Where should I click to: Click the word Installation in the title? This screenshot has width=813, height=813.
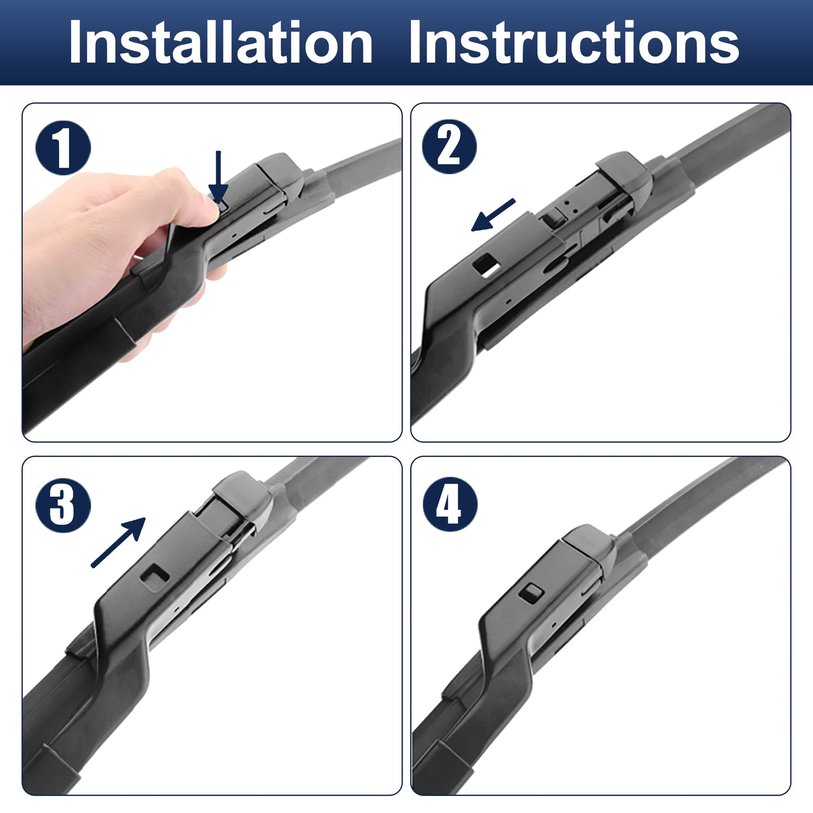point(221,42)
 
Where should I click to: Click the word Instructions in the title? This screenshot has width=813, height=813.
point(574,42)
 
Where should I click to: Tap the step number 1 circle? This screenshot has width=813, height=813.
point(63,148)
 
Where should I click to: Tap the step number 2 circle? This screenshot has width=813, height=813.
point(449,146)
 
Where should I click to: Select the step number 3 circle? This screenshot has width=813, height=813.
point(63,505)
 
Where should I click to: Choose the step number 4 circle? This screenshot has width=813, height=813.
point(450,504)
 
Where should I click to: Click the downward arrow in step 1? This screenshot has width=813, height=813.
point(218,177)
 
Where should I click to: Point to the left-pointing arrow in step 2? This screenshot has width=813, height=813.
point(493,215)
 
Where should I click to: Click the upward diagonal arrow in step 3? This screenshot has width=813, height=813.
point(118,543)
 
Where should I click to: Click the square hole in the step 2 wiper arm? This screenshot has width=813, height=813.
point(487,266)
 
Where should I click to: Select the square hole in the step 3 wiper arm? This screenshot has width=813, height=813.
point(155,577)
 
